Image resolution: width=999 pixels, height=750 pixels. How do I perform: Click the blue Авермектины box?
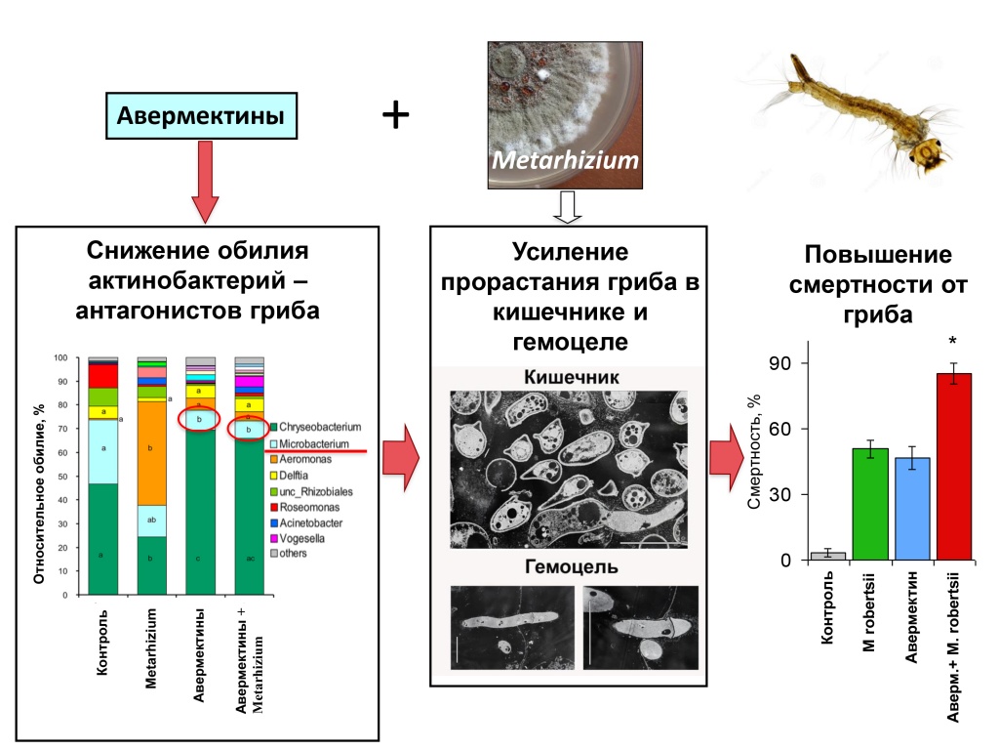click(x=201, y=116)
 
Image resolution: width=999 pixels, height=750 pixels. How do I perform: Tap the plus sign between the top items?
click(x=395, y=116)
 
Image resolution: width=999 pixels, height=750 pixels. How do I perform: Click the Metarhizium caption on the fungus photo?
click(x=565, y=159)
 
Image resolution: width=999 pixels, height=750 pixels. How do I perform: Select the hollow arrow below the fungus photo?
click(x=566, y=206)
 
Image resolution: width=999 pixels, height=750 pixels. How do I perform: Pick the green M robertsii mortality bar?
click(x=870, y=504)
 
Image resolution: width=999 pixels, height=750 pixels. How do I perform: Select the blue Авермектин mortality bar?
click(x=912, y=508)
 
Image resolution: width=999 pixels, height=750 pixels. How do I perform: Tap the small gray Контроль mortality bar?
click(x=828, y=555)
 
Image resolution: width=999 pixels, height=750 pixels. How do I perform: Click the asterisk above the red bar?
click(x=954, y=342)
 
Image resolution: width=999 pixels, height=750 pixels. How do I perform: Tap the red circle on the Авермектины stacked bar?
click(x=199, y=419)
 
